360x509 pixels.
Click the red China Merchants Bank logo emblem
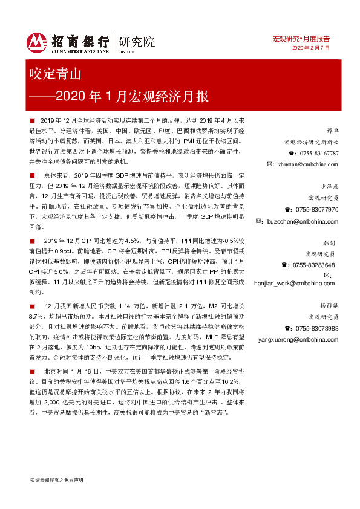(x=37, y=41)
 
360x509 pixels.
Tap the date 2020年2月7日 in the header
(x=311, y=48)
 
